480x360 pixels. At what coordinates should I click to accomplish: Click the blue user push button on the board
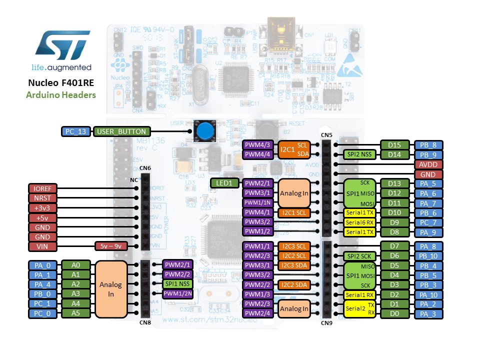(203, 131)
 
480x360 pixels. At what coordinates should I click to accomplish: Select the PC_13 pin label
(76, 132)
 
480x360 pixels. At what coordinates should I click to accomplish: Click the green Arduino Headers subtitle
(61, 94)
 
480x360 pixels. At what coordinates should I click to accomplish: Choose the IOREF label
(43, 189)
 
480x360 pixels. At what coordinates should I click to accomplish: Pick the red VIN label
(43, 246)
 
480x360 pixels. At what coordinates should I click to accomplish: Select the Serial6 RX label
(359, 222)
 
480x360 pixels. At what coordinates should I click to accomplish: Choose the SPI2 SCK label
(359, 255)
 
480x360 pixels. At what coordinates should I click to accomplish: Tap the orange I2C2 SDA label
(295, 284)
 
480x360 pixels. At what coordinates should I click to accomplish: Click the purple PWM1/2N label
(177, 293)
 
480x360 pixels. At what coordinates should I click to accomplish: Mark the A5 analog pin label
(75, 313)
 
